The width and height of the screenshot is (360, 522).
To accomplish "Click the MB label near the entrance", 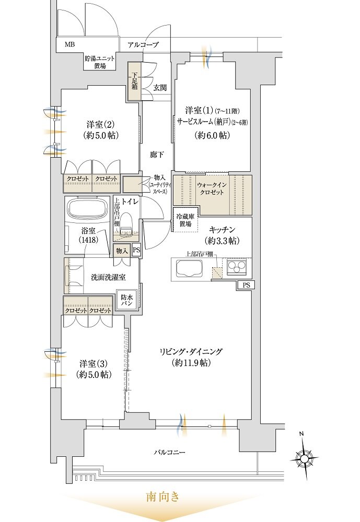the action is pos(69,44).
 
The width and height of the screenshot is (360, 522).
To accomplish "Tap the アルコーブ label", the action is pos(143,44).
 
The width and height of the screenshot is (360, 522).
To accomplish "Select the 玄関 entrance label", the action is pos(160,88).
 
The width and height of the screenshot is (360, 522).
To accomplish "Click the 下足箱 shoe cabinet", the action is pos(135,81).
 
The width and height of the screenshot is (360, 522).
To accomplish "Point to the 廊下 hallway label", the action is pos(157,155).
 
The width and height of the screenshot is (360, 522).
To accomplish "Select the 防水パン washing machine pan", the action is pos(126,301).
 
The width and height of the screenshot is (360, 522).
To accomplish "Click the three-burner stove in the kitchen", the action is pos(236,267).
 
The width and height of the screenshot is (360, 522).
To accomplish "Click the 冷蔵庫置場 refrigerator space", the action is pos(185,220).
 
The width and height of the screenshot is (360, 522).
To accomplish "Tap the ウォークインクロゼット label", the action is pos(212,188).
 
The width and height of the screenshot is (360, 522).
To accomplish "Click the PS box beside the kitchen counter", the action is pos(246,286).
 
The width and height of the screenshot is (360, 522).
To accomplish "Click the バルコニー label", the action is pos(170,453).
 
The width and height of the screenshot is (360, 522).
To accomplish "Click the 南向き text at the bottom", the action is pos(163,497).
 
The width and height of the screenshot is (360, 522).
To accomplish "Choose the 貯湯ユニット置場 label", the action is pos(99,62).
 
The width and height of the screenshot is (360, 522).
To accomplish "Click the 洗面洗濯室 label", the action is pos(108,277).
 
